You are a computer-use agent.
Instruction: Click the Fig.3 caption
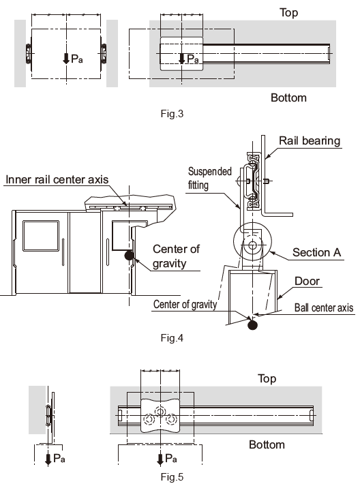point(170,114)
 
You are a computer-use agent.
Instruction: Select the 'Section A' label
point(316,252)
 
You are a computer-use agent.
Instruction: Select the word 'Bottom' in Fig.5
point(267,444)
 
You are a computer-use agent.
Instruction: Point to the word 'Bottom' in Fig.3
point(288,97)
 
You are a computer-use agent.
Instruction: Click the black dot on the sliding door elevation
point(129,257)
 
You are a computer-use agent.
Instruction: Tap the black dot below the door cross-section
point(252,325)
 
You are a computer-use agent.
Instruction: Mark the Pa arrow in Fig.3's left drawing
point(66,59)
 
